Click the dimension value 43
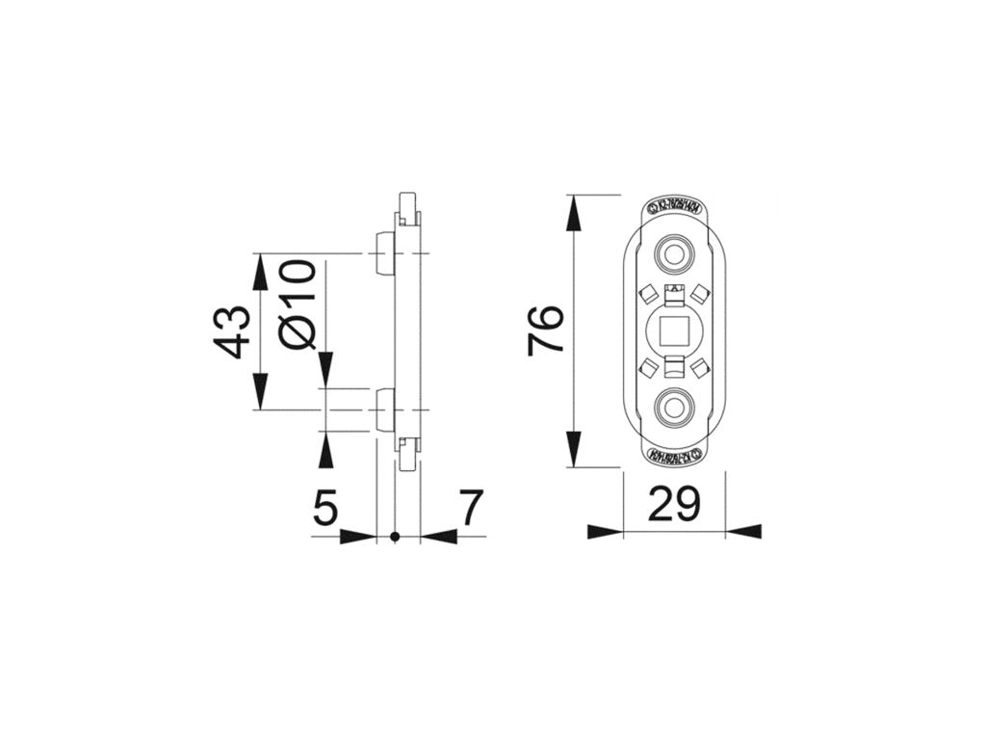[232, 331]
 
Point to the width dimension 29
[674, 504]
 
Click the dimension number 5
[326, 508]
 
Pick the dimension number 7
[469, 508]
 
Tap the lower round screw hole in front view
[673, 408]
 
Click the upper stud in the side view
[382, 253]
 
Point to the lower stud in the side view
[382, 410]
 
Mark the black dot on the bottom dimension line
[396, 536]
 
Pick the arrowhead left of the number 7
[438, 536]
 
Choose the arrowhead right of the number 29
[743, 531]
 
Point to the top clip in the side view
[408, 205]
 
